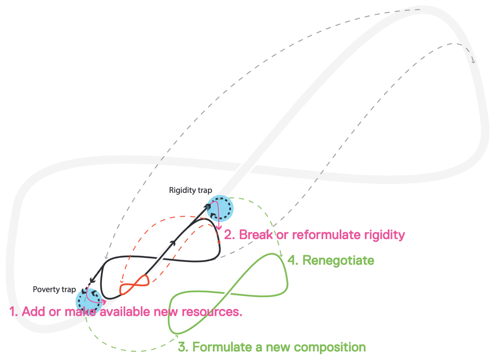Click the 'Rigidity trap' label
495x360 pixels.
(190, 191)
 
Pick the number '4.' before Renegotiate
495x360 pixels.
(292, 261)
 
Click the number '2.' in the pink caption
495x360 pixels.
(230, 235)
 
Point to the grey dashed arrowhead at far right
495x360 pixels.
(473, 61)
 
